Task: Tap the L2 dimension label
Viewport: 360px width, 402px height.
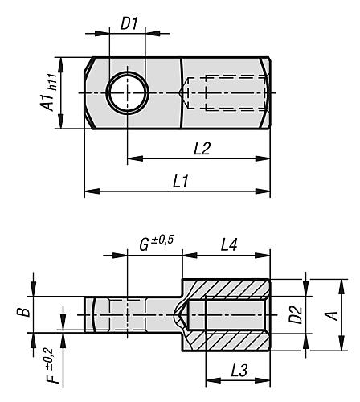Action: (x=202, y=150)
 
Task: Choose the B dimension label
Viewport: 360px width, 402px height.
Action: (x=26, y=309)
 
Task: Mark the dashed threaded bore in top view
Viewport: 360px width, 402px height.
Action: (x=225, y=93)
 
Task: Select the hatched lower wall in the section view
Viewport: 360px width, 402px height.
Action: (x=233, y=342)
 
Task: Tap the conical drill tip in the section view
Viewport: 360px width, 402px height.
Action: (x=185, y=314)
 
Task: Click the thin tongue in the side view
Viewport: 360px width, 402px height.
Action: (x=129, y=314)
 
